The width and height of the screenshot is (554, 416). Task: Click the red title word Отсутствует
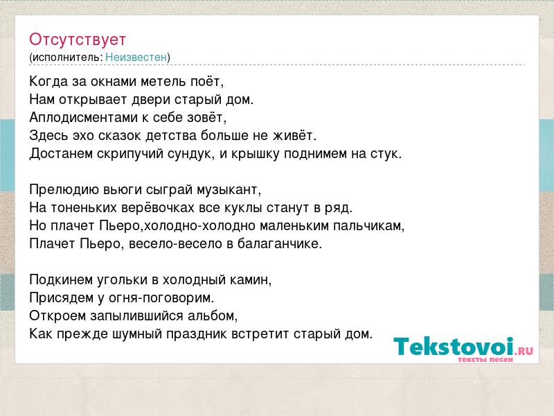click(x=78, y=40)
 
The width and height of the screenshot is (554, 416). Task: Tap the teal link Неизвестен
click(x=136, y=57)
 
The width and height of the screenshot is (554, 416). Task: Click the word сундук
click(x=191, y=154)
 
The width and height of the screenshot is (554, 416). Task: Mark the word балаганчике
click(x=280, y=244)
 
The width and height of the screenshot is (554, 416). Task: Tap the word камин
click(x=251, y=280)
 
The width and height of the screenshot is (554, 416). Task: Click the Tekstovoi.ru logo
click(x=463, y=349)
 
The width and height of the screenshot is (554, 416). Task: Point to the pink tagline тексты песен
click(x=485, y=359)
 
